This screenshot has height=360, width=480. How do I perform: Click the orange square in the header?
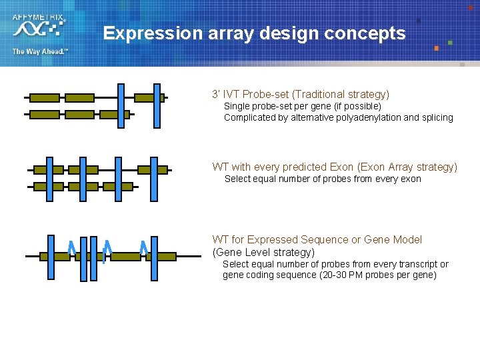tap(437, 48)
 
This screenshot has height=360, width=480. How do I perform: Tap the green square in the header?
tap(451, 43)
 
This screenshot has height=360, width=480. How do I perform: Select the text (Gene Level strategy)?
tap(263, 253)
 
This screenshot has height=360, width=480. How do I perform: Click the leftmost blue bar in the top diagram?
tap(121, 105)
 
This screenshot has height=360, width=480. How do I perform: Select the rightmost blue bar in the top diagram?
tap(157, 105)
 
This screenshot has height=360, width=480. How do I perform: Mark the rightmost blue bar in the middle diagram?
tap(154, 179)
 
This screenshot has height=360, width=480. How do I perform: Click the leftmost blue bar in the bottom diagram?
tap(51, 257)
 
